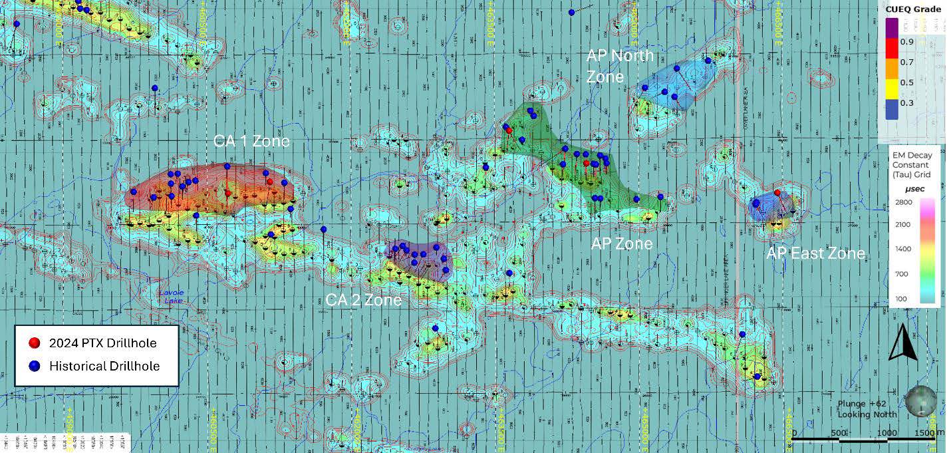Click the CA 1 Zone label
pos(251,141)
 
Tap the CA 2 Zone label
pos(363,300)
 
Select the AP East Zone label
pos(815,253)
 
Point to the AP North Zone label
pos(620,66)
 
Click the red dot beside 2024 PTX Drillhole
pos(35,343)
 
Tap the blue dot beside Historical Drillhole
pos(35,366)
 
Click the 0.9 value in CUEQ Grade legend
pos(906,41)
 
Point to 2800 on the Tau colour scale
pos(902,202)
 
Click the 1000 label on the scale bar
pos(886,433)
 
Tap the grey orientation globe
pos(920,402)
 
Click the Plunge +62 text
pos(861,404)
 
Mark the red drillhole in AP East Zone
pos(777,193)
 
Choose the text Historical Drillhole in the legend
pos(104,366)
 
